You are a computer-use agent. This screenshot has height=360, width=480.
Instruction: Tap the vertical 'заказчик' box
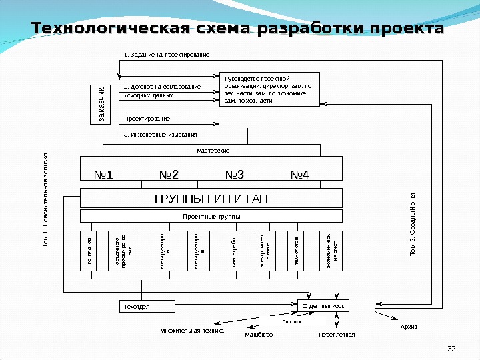[x=101, y=104]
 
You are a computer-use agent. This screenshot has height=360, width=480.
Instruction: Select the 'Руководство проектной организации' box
[x=269, y=89]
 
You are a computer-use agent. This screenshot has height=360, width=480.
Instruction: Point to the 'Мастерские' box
[x=213, y=151]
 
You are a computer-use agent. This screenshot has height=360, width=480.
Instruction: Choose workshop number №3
[x=235, y=175]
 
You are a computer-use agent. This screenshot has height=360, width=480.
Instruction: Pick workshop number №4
[x=300, y=175]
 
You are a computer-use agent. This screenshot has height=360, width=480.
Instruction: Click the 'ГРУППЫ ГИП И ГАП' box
[x=211, y=199]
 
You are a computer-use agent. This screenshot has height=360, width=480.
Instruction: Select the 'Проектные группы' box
[x=211, y=217]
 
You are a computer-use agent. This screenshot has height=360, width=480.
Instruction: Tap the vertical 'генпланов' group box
[x=89, y=251]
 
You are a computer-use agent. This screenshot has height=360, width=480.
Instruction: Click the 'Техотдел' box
[x=146, y=306]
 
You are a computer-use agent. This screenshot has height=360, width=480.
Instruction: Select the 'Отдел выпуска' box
[x=323, y=305]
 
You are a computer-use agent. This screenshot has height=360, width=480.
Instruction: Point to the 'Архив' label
[x=409, y=327]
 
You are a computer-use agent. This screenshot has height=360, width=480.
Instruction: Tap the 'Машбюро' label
[x=259, y=335]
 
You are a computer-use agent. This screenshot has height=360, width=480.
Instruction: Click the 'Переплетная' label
[x=337, y=335]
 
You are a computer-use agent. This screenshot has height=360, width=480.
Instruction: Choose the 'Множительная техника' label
[x=192, y=330]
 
